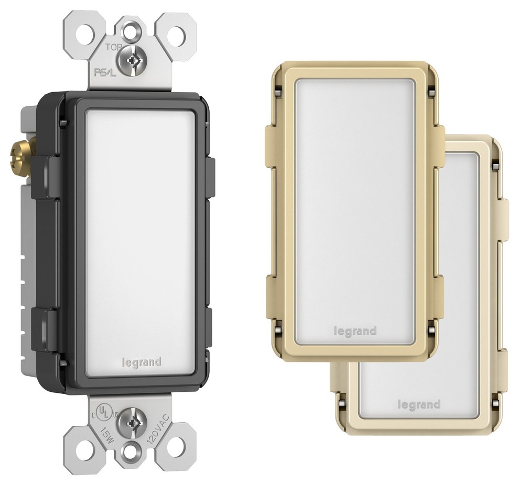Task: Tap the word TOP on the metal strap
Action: [114, 47]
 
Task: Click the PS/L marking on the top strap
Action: [105, 73]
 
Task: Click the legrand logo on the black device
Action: [142, 362]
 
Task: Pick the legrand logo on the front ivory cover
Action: [355, 331]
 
